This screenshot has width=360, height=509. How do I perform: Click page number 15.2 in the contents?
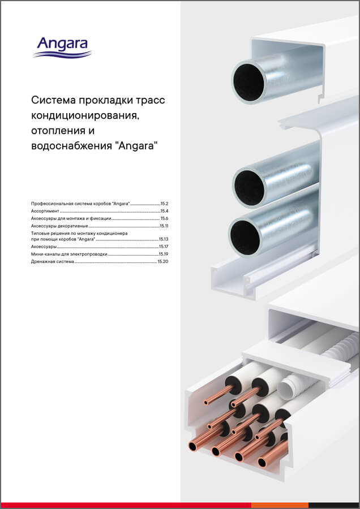[165, 202]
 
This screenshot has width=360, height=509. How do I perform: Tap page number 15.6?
[165, 218]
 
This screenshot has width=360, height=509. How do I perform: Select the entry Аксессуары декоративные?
[59, 226]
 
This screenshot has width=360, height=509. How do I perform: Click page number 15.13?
[164, 240]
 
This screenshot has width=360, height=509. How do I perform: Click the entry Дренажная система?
[52, 262]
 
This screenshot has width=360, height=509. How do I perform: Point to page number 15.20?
[164, 262]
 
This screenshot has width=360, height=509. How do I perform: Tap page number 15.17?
[164, 247]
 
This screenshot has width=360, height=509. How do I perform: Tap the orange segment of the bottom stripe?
[292, 505]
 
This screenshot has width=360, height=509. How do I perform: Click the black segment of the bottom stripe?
[334, 505]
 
